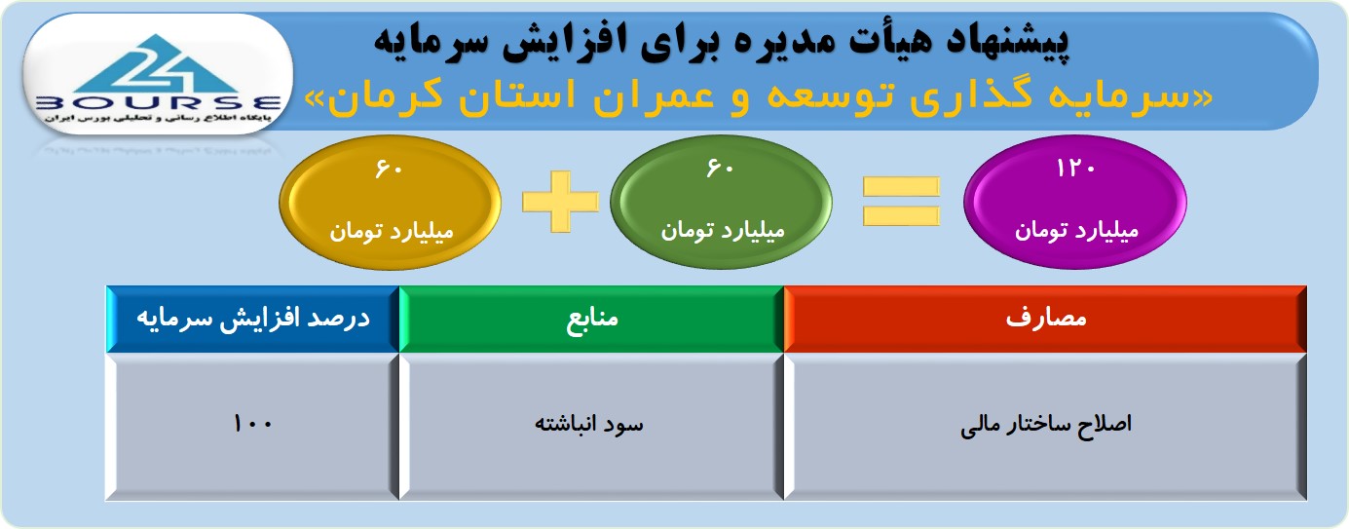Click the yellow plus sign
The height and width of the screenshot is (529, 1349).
click(x=561, y=202)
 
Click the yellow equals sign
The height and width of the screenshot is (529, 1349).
click(x=901, y=202)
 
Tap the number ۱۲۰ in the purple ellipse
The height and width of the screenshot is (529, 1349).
click(x=1075, y=169)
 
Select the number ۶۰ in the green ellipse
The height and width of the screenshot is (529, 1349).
click(x=720, y=168)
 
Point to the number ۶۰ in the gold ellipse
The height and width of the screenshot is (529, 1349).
click(x=389, y=169)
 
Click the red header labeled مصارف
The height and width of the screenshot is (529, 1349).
click(x=1045, y=319)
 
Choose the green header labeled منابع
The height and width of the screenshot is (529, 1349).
click(x=591, y=319)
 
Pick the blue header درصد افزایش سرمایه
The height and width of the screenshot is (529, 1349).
click(x=253, y=319)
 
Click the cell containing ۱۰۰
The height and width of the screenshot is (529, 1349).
click(x=253, y=426)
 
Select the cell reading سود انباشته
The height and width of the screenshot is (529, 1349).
click(x=591, y=426)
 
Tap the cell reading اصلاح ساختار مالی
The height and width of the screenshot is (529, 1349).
click(x=1045, y=426)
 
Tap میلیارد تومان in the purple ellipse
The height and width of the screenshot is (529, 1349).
click(x=1076, y=230)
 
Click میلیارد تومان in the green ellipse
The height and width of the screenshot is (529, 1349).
click(x=723, y=230)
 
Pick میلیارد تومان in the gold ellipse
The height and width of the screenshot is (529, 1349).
click(x=392, y=231)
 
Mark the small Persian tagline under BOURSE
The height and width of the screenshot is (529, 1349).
click(x=158, y=118)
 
